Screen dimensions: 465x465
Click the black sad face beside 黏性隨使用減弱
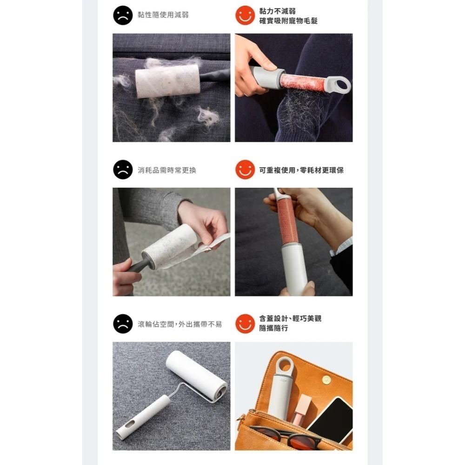pos(123,15)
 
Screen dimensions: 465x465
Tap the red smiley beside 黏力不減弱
pos(245,15)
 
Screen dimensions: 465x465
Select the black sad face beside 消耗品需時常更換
pos(123,169)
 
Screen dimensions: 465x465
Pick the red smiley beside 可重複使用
pos(245,169)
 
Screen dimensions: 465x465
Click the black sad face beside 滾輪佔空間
pos(123,324)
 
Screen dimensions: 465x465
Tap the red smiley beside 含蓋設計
pos(245,324)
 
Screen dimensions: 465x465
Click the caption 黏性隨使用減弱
pos(163,15)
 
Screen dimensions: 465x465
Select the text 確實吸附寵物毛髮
pos(288,21)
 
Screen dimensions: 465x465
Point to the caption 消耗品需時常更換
pos(166,170)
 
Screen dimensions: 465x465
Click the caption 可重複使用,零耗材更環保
pos(301,170)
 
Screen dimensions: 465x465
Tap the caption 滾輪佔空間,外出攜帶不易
pos(179,324)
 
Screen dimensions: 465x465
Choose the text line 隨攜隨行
pos(273,328)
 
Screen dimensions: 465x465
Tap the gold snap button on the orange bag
pos(326,380)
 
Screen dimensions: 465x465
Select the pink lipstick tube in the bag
pos(301,409)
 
